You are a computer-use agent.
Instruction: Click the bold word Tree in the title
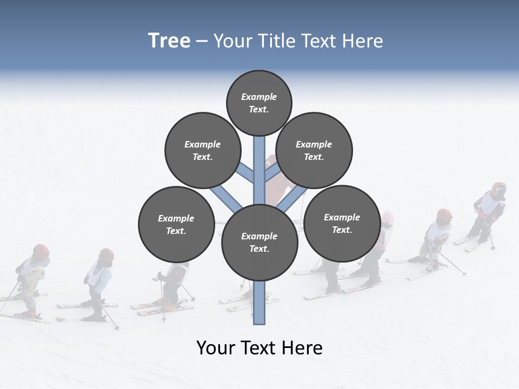(x=169, y=41)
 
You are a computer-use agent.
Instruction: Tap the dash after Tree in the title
(x=202, y=42)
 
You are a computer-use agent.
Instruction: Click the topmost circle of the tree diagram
(x=259, y=103)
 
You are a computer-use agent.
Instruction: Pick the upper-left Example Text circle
(x=202, y=150)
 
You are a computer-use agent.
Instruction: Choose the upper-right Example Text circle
(x=314, y=150)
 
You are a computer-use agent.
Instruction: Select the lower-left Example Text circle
(x=176, y=224)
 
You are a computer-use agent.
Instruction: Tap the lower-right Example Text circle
(x=342, y=223)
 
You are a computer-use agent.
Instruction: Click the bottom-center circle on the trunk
(x=259, y=242)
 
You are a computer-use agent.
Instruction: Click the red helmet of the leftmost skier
(x=41, y=251)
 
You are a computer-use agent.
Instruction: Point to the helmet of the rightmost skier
(x=498, y=189)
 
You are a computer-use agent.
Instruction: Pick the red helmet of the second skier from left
(x=106, y=255)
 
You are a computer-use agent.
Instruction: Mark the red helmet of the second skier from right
(x=444, y=214)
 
